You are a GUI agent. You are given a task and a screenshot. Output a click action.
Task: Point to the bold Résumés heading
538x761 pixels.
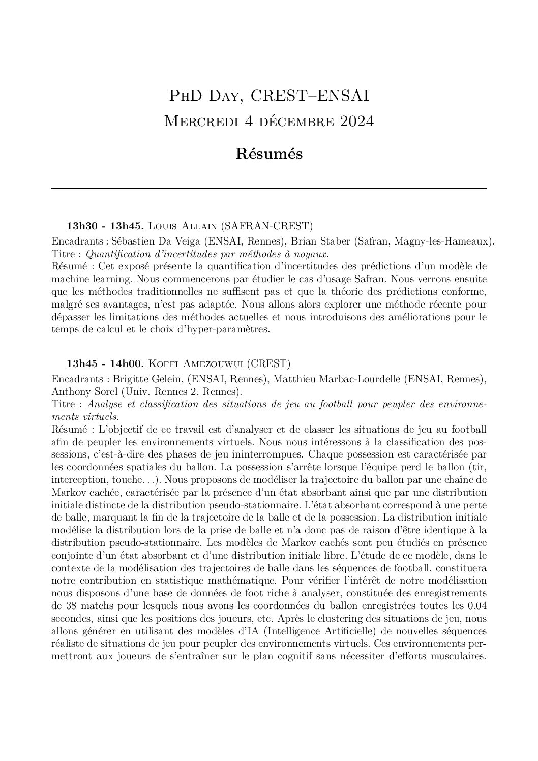click(269, 154)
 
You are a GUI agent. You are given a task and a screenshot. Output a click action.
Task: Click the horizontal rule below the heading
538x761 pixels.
click(269, 189)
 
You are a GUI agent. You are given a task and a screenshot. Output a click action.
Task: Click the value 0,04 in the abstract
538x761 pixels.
click(476, 606)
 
